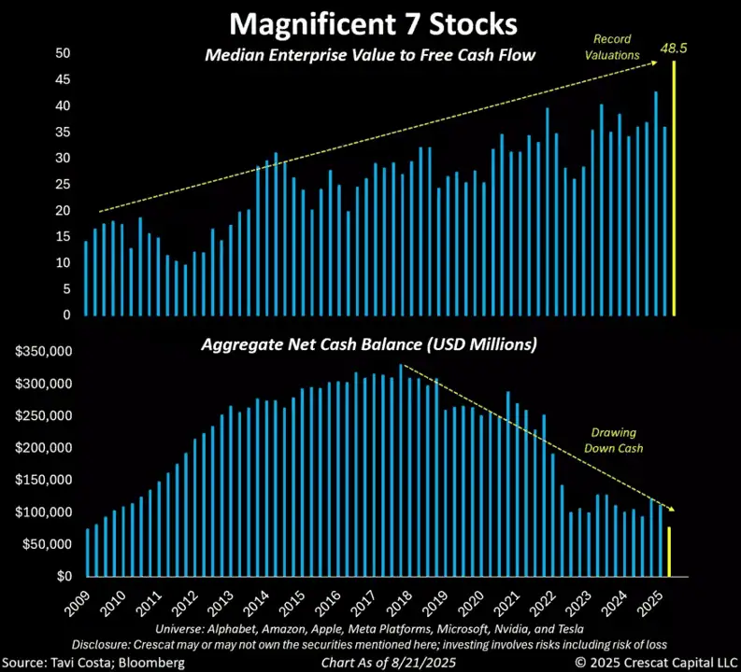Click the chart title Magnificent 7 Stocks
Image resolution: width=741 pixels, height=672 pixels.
pyautogui.click(x=371, y=21)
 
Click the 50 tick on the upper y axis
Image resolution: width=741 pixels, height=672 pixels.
pyautogui.click(x=63, y=53)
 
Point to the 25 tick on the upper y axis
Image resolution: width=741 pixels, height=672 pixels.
pyautogui.click(x=63, y=185)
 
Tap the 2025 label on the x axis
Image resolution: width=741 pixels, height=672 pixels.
pyautogui.click(x=651, y=601)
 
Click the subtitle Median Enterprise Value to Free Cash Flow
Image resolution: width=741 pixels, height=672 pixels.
pyautogui.click(x=370, y=55)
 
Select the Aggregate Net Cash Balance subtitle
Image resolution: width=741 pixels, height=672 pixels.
pyautogui.click(x=370, y=344)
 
